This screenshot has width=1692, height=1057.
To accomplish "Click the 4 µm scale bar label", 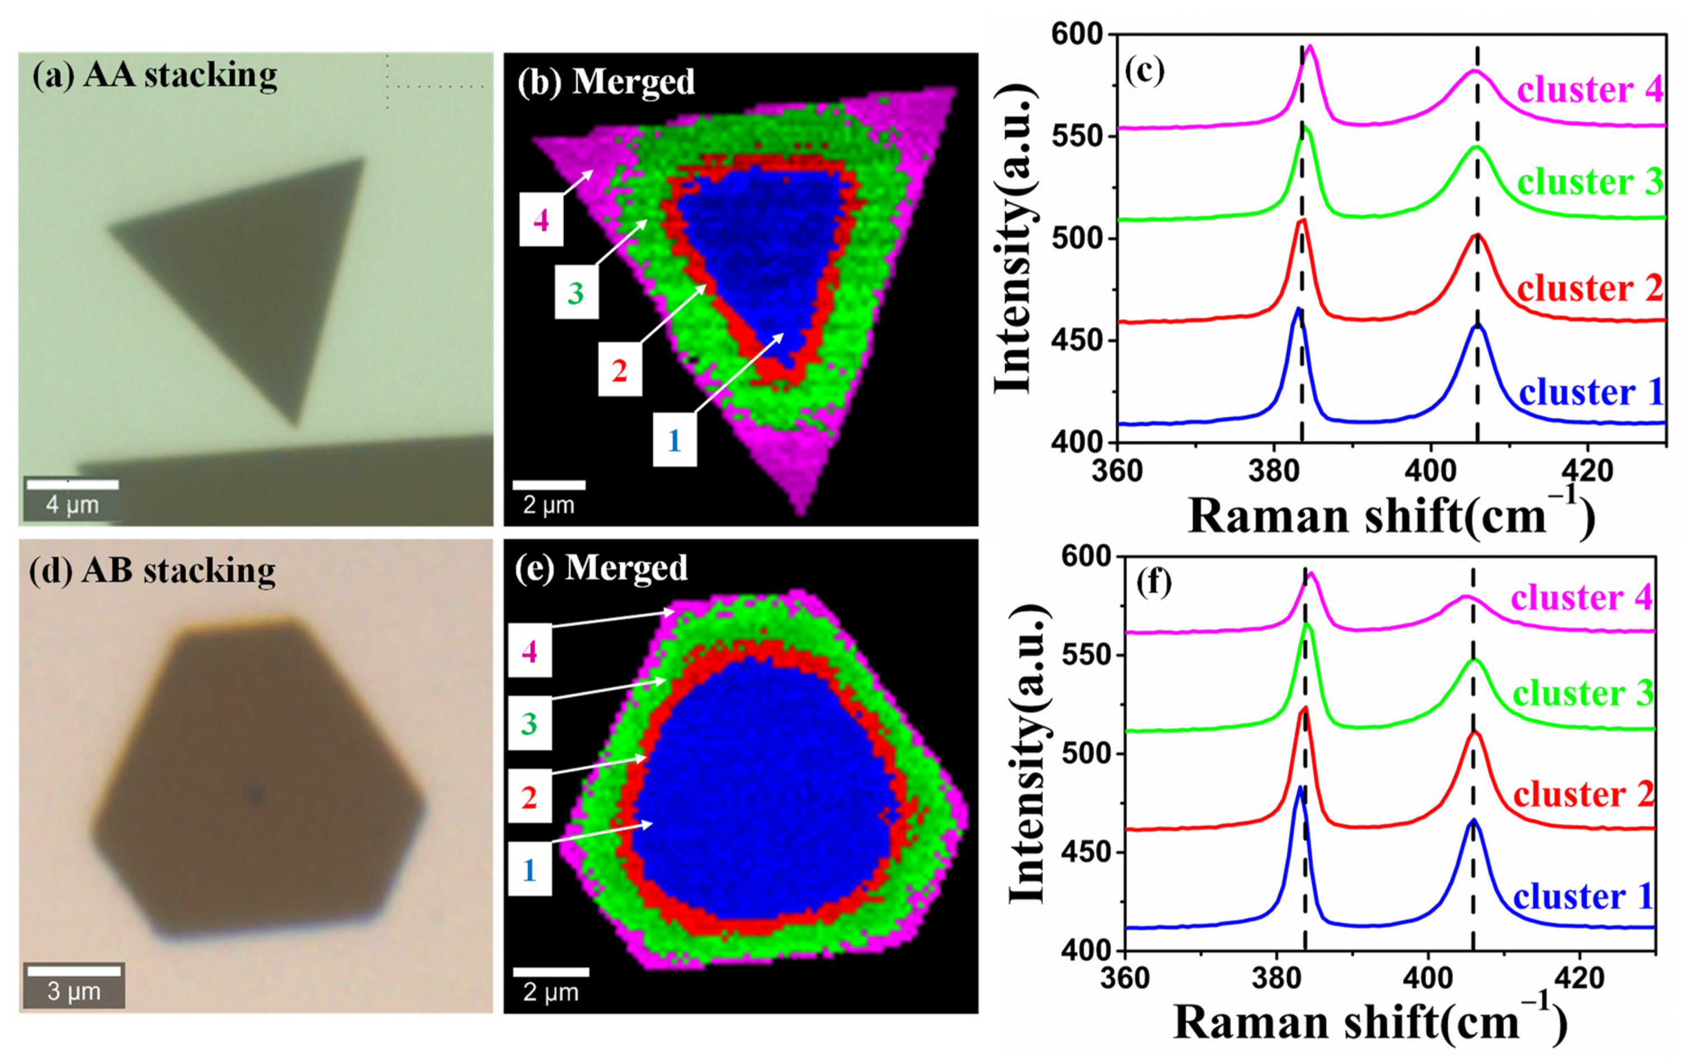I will click(x=73, y=504).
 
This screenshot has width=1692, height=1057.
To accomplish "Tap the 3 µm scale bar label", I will click(x=73, y=991).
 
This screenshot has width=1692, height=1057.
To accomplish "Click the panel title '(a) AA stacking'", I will click(x=154, y=75).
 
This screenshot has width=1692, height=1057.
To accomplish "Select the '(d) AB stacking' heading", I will click(x=152, y=570).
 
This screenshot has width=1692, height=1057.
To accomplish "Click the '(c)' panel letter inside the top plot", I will click(x=1144, y=70).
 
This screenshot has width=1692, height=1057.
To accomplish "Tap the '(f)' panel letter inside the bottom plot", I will click(x=1153, y=582).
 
